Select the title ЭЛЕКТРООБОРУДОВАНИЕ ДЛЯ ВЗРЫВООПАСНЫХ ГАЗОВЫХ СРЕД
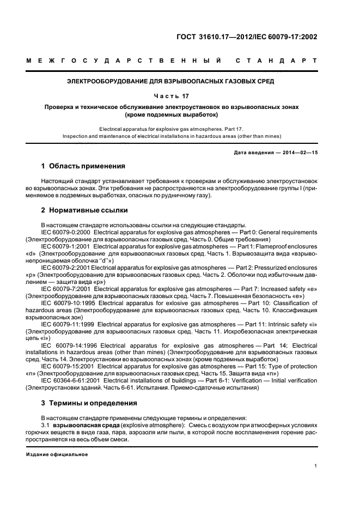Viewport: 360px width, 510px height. pyautogui.click(x=170, y=82)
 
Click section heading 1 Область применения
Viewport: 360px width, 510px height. pyautogui.click(x=83, y=166)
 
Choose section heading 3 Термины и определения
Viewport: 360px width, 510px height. pyautogui.click(x=89, y=403)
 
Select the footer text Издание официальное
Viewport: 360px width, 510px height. pyautogui.click(x=57, y=454)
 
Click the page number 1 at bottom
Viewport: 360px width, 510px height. pyautogui.click(x=316, y=465)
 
